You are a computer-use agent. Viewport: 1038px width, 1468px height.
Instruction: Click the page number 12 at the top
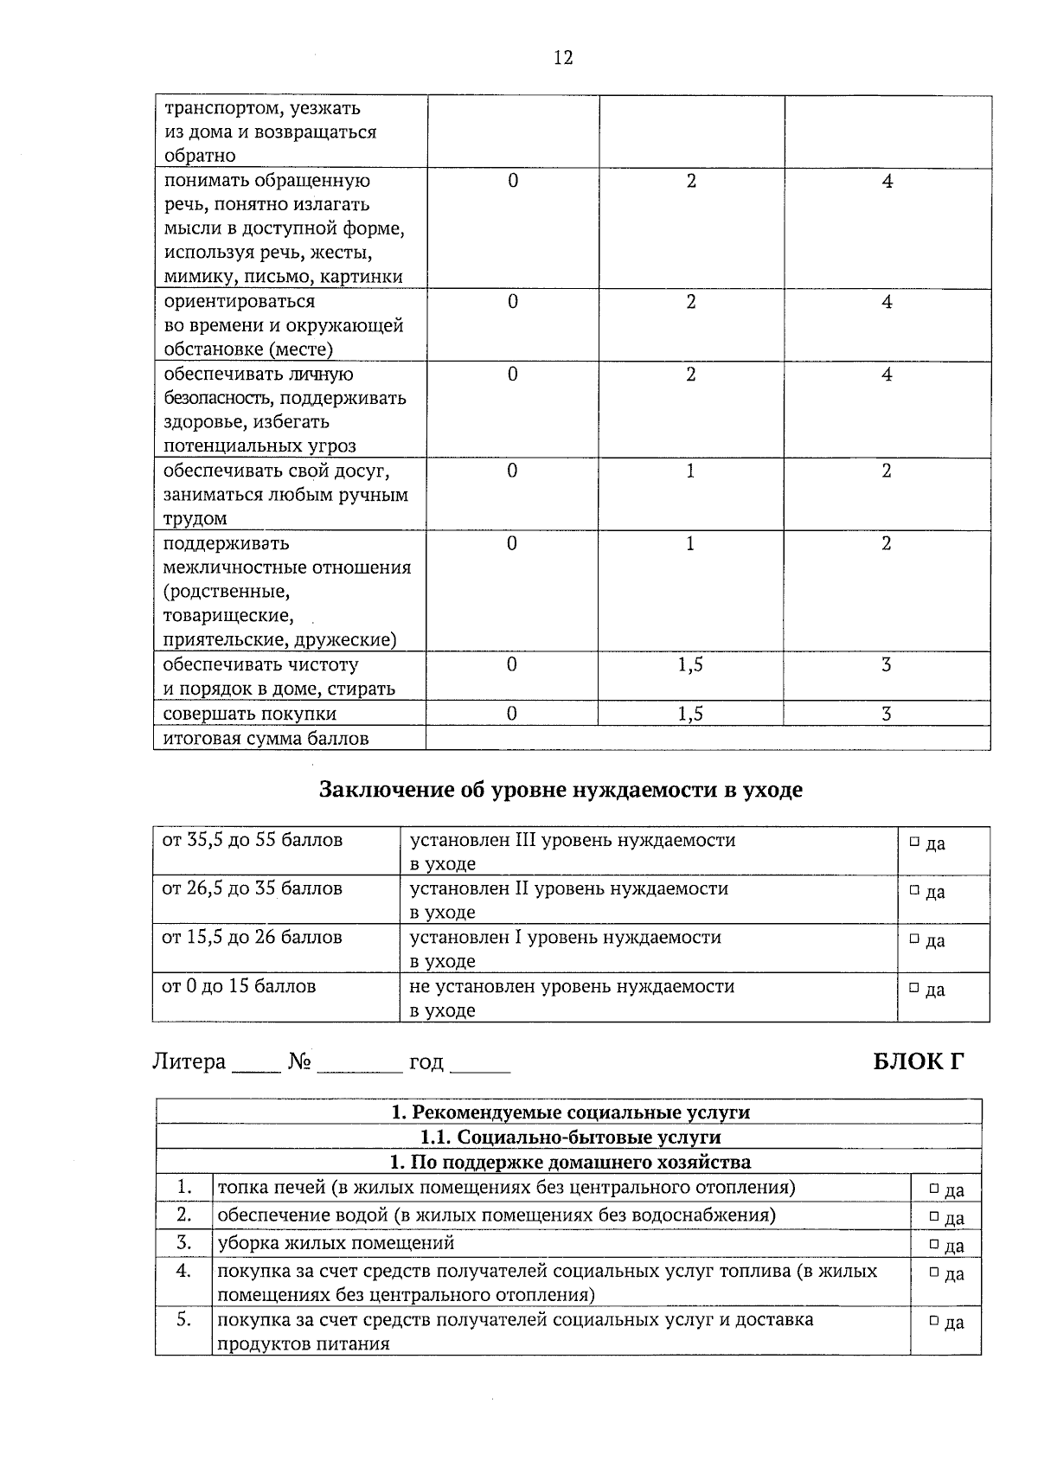tap(562, 58)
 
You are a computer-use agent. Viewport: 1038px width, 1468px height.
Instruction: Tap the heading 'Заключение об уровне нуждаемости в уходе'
tap(561, 790)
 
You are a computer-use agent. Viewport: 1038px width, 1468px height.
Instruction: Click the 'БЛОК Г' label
tap(918, 1061)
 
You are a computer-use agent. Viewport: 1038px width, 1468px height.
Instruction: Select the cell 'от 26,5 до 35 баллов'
tap(253, 889)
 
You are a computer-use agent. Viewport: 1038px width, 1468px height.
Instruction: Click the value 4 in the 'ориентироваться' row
tap(887, 302)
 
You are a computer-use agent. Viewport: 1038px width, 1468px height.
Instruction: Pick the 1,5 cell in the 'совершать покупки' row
tap(690, 714)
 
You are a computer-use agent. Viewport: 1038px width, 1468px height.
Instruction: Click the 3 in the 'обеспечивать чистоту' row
tap(887, 665)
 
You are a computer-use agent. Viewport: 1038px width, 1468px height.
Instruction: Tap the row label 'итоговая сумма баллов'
tap(266, 739)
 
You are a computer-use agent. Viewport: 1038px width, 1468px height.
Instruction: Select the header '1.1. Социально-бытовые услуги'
tap(569, 1137)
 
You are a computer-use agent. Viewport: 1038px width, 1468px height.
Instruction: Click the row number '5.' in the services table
tap(183, 1320)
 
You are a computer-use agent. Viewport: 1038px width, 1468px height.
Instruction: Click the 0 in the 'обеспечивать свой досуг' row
tap(512, 471)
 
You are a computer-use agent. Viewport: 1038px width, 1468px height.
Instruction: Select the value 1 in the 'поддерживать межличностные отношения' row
tap(690, 544)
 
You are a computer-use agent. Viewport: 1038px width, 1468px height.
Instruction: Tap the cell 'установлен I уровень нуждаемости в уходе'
tap(565, 948)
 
